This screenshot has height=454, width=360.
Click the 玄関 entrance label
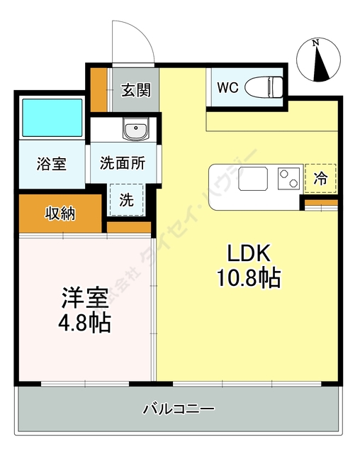[x=135, y=90]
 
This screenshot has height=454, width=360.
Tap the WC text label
[x=227, y=88]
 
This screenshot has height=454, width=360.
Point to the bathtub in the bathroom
[x=52, y=117]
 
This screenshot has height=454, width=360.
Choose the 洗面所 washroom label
[x=122, y=163]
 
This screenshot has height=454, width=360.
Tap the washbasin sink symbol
[x=135, y=131]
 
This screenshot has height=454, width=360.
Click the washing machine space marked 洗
[x=125, y=199]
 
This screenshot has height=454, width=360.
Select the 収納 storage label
[x=62, y=213]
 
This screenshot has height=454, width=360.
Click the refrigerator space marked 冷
[x=320, y=178]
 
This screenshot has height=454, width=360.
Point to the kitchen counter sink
[x=253, y=178]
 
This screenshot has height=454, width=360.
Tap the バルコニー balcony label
[x=178, y=409]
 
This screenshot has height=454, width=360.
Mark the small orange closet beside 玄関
[x=99, y=89]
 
